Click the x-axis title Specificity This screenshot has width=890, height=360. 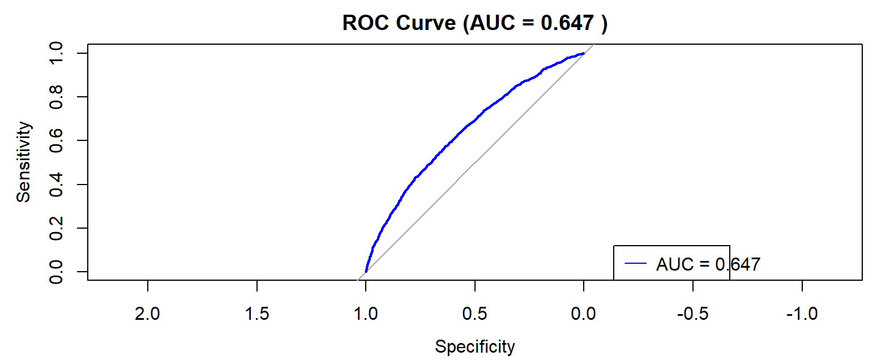pyautogui.click(x=474, y=346)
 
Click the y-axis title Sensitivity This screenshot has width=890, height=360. pyautogui.click(x=23, y=162)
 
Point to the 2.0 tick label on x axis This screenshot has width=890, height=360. pyautogui.click(x=147, y=314)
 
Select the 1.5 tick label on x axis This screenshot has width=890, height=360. pyautogui.click(x=256, y=314)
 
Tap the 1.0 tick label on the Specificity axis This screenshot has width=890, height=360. pyautogui.click(x=366, y=314)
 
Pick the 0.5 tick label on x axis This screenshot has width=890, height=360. pyautogui.click(x=474, y=314)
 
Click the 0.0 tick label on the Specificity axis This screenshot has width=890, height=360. pyautogui.click(x=584, y=314)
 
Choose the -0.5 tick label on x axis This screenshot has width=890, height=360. pyautogui.click(x=692, y=314)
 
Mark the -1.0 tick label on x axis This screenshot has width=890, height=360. pyautogui.click(x=802, y=314)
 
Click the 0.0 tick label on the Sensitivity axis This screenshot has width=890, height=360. pyautogui.click(x=56, y=272)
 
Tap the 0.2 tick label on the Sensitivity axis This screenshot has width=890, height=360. pyautogui.click(x=56, y=228)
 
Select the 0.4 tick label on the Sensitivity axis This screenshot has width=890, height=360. pyautogui.click(x=56, y=185)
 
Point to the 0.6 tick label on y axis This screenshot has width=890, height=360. pyautogui.click(x=56, y=140)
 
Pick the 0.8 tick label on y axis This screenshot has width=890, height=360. pyautogui.click(x=56, y=97)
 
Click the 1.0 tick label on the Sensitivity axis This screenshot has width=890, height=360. pyautogui.click(x=56, y=53)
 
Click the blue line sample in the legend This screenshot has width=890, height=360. pyautogui.click(x=635, y=264)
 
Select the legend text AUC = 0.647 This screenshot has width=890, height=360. pyautogui.click(x=708, y=264)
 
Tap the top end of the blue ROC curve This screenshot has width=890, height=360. pyautogui.click(x=584, y=54)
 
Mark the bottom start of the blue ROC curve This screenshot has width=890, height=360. pyautogui.click(x=366, y=272)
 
